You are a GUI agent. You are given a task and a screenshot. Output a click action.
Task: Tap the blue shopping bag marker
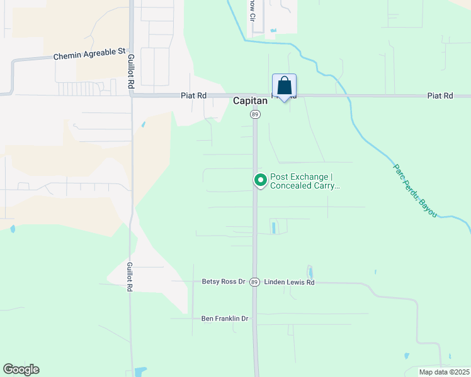[x=284, y=86]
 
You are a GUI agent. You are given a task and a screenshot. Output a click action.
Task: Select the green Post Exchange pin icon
[x=260, y=180]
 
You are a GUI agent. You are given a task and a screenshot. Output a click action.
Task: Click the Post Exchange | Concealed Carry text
[x=305, y=182]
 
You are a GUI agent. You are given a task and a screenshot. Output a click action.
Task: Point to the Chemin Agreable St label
[x=90, y=56]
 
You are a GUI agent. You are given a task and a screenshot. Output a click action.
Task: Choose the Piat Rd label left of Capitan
[x=193, y=96]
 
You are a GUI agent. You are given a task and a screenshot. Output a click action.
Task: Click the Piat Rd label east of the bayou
[x=440, y=96]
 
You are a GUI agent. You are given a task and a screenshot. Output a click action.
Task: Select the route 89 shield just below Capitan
[x=255, y=114]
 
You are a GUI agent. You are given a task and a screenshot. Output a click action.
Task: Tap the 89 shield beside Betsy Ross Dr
[x=254, y=282]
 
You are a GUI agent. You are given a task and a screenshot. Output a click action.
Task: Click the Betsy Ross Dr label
[x=224, y=282]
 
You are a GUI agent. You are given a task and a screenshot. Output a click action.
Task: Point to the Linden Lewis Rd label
[x=289, y=282]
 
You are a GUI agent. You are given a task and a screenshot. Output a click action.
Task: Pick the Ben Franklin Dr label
[x=225, y=319]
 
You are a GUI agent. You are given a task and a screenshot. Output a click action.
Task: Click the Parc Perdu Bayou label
[x=415, y=191]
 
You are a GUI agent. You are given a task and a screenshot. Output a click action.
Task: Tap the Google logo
[x=21, y=369]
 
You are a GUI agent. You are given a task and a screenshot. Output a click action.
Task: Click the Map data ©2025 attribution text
[x=444, y=372]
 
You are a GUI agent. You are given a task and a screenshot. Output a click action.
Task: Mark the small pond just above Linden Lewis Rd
[x=310, y=272]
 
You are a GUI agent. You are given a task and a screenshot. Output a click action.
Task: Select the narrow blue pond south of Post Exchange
[x=274, y=227]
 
